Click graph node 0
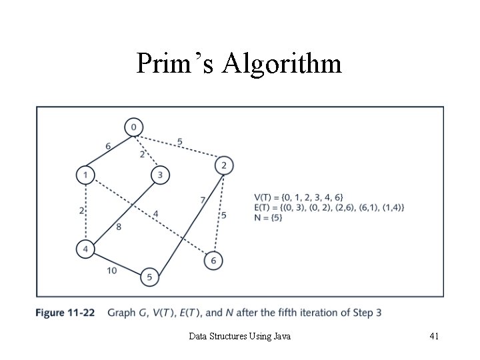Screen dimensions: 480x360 (x=133, y=127)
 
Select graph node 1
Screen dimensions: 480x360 (x=85, y=175)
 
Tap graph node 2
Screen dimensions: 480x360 (x=224, y=165)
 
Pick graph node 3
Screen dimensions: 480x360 (x=160, y=175)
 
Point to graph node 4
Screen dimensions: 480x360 (x=85, y=250)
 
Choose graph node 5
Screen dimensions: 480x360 (x=149, y=277)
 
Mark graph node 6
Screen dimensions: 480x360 (x=213, y=261)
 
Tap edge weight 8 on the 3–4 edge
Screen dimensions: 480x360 (x=118, y=227)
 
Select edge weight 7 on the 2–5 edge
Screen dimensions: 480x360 (x=202, y=199)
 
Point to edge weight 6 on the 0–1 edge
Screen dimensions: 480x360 (x=108, y=147)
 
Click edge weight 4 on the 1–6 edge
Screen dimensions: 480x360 (x=155, y=213)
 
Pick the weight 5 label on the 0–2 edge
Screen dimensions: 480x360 (x=180, y=141)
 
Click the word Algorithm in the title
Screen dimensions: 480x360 (x=282, y=63)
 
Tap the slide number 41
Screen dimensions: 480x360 (x=433, y=337)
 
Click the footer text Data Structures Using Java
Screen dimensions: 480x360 (x=240, y=337)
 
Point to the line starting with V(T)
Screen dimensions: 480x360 (x=299, y=197)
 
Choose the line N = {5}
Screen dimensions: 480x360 (x=269, y=218)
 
